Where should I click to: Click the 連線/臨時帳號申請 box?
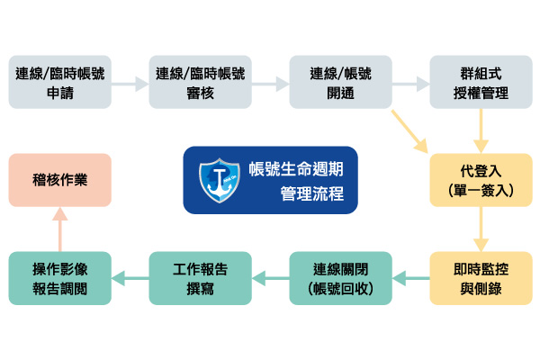60,82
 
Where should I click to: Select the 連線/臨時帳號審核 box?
200,82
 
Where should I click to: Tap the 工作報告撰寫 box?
200,277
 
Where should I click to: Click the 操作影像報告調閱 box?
60,277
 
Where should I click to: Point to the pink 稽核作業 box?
60,181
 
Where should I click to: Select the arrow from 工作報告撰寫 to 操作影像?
130,277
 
